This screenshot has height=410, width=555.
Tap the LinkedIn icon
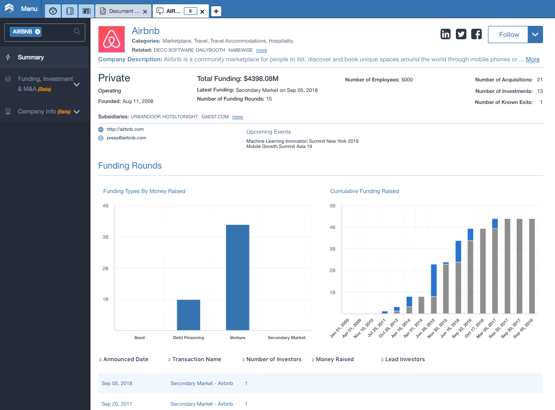(446, 34)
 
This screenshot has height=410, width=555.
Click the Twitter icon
(461, 34)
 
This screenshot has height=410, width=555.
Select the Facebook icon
(476, 34)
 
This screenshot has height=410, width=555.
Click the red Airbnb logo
(112, 39)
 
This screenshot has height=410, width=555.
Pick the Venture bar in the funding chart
(238, 277)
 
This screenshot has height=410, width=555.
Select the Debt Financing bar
(189, 315)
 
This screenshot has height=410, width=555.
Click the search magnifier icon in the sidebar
(77, 32)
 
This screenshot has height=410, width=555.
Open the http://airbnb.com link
(125, 129)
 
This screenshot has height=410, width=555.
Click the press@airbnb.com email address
(126, 138)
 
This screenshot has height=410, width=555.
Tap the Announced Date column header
(125, 359)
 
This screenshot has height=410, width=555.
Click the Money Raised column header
(335, 359)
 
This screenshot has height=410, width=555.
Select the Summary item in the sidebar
(31, 57)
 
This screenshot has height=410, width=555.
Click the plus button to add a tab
(216, 11)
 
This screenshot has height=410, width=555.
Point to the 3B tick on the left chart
(105, 237)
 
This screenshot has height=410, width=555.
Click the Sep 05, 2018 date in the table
(117, 383)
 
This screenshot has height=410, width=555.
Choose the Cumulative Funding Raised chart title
(364, 191)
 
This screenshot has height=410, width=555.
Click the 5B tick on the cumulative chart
(332, 205)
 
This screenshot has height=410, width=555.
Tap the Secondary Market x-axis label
(287, 337)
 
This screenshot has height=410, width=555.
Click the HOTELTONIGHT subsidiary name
(180, 116)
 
